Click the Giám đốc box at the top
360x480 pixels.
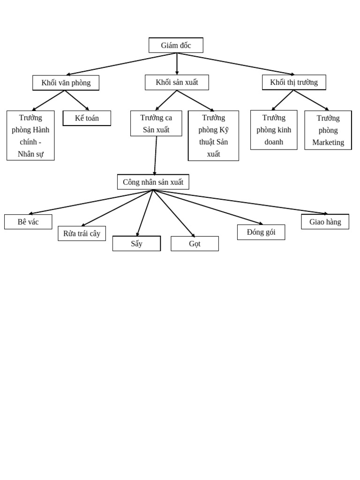click(176, 45)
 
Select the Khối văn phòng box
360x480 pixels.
click(66, 83)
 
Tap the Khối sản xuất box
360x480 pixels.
click(177, 82)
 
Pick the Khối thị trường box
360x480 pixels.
click(294, 82)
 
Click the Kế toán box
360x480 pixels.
click(87, 118)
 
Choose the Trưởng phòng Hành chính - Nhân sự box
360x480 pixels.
click(30, 135)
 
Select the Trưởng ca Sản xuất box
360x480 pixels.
click(156, 124)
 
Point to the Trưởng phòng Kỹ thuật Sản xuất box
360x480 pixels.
click(213, 136)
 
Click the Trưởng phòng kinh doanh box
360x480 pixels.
click(274, 130)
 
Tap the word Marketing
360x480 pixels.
click(328, 142)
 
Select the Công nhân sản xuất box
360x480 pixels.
click(153, 182)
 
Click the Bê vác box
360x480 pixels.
click(28, 222)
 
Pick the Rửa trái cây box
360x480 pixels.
click(82, 233)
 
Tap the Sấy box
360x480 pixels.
click(136, 244)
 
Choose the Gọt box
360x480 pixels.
click(195, 244)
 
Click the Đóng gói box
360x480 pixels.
click(261, 232)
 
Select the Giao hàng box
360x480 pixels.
click(325, 222)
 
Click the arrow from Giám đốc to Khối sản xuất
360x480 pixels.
click(177, 64)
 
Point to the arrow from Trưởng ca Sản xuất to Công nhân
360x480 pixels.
click(156, 155)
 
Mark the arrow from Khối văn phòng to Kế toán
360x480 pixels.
click(77, 100)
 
